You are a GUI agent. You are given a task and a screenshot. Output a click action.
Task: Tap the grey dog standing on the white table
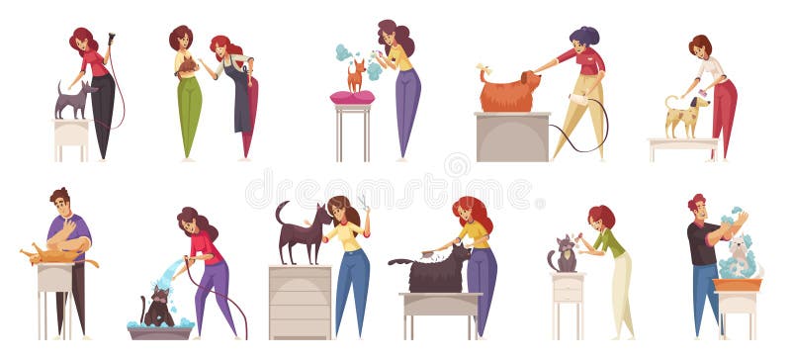pos(73,101)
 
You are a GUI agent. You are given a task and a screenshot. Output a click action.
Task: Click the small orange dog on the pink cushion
pos(356,76)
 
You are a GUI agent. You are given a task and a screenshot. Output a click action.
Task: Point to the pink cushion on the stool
pos(353,97)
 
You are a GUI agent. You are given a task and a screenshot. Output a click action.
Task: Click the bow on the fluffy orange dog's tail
pos(483,70)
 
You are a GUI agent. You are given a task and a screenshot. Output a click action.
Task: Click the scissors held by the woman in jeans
pos(363,204)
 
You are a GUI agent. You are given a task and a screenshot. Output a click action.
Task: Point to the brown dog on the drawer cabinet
pos(302,234)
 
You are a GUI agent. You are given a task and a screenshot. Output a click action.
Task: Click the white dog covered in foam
pos(736,258)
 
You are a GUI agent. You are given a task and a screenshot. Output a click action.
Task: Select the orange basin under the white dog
pos(739,285)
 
